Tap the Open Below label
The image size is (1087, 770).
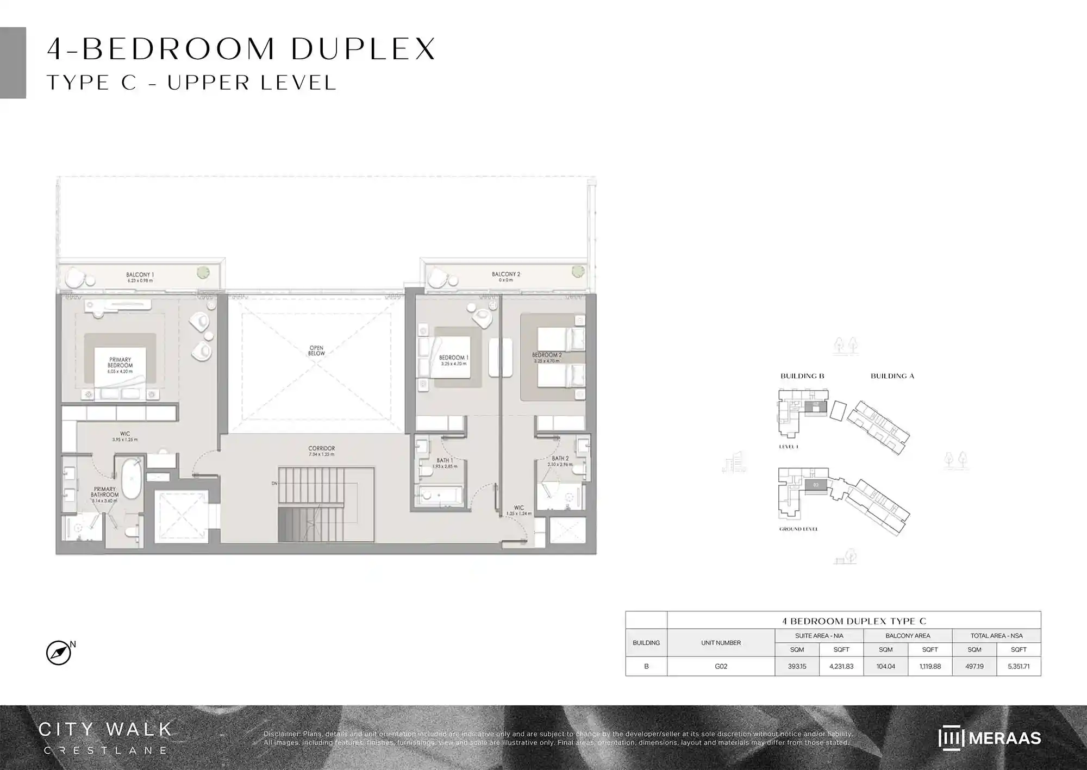(316, 350)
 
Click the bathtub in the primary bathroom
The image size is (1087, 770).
(131, 479)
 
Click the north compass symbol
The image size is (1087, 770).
(59, 653)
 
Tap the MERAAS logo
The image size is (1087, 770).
(989, 738)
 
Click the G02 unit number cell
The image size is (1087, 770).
(721, 666)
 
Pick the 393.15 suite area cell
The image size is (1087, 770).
(797, 666)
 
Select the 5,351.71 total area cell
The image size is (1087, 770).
(1019, 666)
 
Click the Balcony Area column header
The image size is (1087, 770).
(908, 635)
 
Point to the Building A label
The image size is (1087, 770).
(892, 376)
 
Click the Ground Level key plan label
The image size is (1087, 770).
(798, 529)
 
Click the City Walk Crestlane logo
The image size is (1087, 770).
(105, 737)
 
